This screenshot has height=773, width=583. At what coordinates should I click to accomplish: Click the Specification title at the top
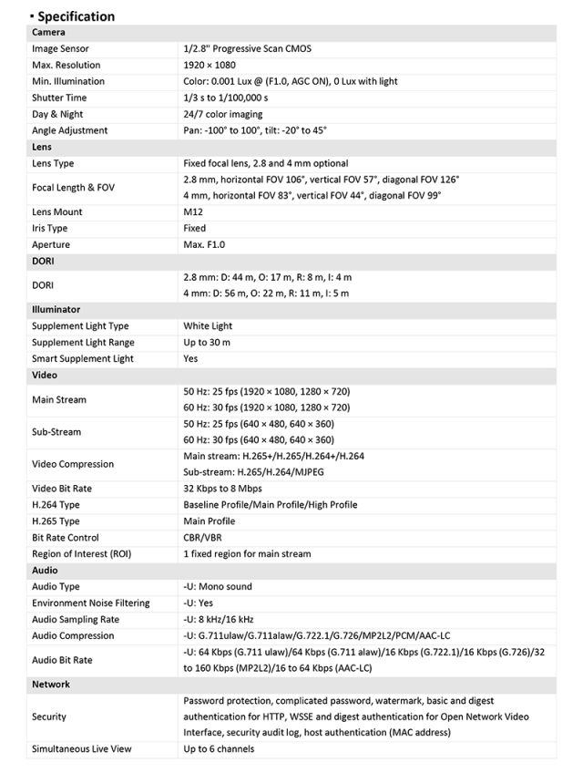[x=76, y=16]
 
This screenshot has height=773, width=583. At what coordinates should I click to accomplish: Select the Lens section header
[x=42, y=147]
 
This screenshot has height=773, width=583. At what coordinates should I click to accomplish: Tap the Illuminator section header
[x=56, y=310]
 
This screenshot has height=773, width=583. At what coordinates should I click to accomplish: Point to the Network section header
[x=51, y=685]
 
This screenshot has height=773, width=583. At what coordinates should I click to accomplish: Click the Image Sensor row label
[x=60, y=48]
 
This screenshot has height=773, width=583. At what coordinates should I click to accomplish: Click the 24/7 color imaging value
[x=223, y=114]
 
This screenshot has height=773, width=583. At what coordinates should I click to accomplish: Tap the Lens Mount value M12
[x=194, y=211]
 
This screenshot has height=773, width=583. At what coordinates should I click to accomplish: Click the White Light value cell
[x=208, y=326]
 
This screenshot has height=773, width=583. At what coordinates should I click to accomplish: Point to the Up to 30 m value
[x=207, y=343]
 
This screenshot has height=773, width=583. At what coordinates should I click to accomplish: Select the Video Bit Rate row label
[x=62, y=489]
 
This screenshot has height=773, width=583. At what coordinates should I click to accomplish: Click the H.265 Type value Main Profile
[x=210, y=521]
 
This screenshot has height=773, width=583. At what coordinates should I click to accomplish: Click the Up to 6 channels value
[x=219, y=749]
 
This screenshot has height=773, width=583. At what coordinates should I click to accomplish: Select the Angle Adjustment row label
[x=69, y=130]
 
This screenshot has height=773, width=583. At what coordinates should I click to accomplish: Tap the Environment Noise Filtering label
[x=91, y=603]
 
